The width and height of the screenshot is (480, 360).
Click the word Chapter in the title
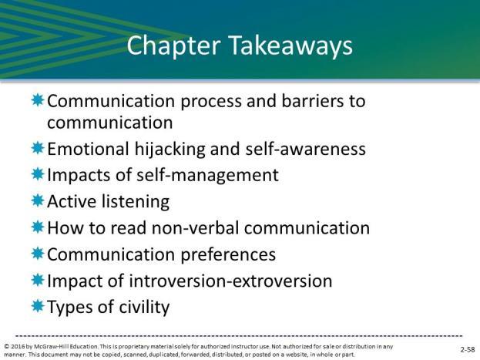(x=173, y=46)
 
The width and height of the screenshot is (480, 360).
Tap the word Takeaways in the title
(x=290, y=46)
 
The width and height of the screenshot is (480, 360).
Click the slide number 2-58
(x=468, y=349)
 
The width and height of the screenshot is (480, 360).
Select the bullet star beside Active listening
(x=38, y=201)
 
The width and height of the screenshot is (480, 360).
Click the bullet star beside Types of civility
(x=38, y=306)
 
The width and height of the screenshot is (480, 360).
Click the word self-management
(x=207, y=176)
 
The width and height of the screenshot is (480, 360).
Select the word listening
(x=136, y=202)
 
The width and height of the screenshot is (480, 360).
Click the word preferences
(x=228, y=255)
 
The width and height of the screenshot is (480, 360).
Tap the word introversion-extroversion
(x=230, y=281)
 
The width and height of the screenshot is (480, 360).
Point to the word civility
(x=144, y=308)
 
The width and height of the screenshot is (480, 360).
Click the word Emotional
(x=88, y=150)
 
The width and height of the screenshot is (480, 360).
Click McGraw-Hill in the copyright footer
(x=51, y=347)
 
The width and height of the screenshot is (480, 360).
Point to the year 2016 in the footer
(x=18, y=347)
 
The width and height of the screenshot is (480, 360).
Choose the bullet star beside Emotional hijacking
(x=38, y=148)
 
